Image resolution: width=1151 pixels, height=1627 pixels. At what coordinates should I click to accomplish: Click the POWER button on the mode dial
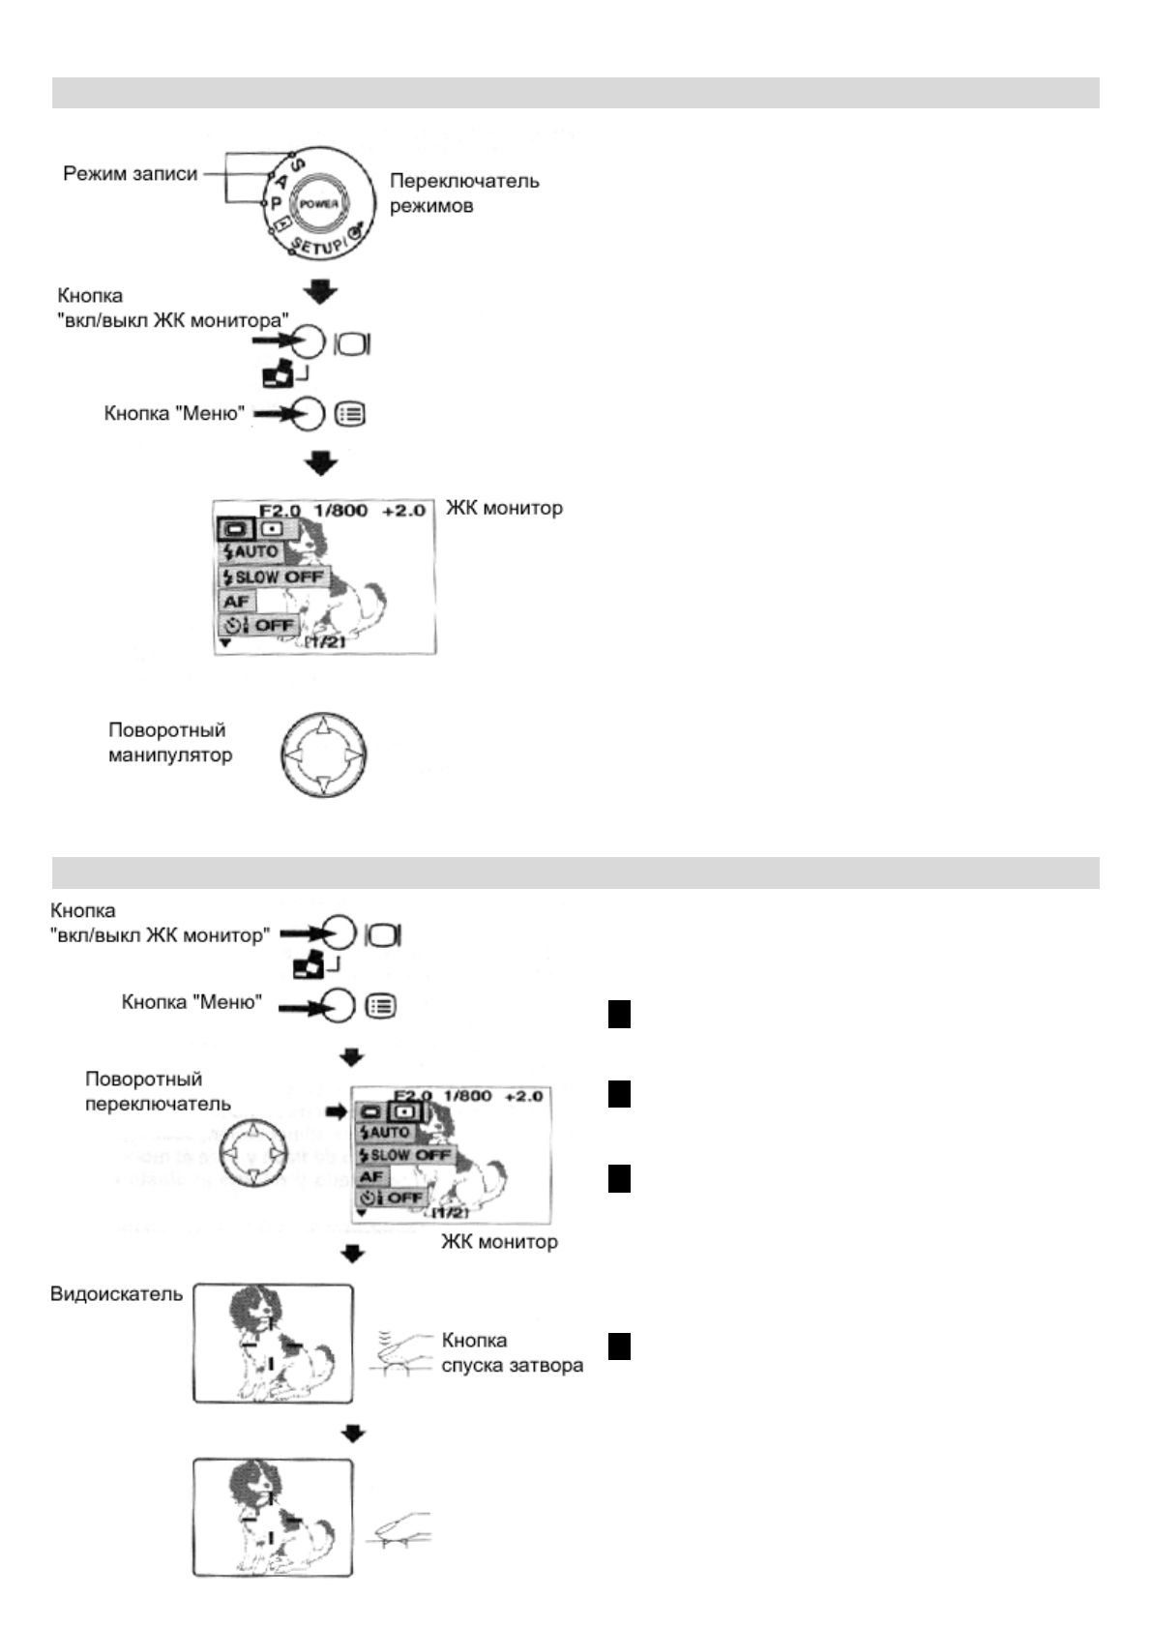coord(318,205)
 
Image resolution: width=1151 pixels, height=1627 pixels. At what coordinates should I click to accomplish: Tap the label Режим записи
coord(130,174)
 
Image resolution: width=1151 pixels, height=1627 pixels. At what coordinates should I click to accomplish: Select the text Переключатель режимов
coord(463,192)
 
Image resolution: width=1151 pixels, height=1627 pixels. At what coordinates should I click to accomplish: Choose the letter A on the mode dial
coord(281,180)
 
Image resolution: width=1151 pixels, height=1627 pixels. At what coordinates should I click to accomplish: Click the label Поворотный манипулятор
coord(169,742)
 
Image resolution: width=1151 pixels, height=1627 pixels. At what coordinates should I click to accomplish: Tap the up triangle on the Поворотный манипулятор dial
coord(323,725)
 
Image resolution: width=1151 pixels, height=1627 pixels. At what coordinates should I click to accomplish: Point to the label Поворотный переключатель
coord(158,1091)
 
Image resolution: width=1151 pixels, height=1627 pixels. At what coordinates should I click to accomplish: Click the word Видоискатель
coord(116,1293)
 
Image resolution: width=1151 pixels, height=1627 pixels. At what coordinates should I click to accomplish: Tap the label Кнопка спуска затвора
coord(512,1352)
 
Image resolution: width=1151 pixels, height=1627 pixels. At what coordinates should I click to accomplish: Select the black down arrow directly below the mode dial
coord(322,291)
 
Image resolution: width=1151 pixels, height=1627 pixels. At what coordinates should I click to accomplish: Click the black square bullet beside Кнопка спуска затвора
coord(619,1346)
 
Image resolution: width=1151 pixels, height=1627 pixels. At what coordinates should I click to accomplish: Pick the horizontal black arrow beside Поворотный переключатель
coord(336,1112)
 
